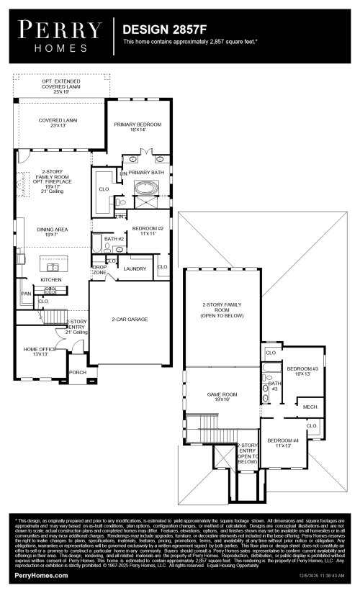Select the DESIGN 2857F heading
pyautogui.click(x=159, y=30)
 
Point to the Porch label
pyautogui.click(x=77, y=372)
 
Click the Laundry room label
pyautogui.click(x=135, y=268)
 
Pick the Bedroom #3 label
pyautogui.click(x=302, y=371)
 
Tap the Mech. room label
pyautogui.click(x=310, y=407)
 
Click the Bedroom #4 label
pyautogui.click(x=283, y=443)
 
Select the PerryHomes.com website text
pyautogui.click(x=42, y=576)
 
